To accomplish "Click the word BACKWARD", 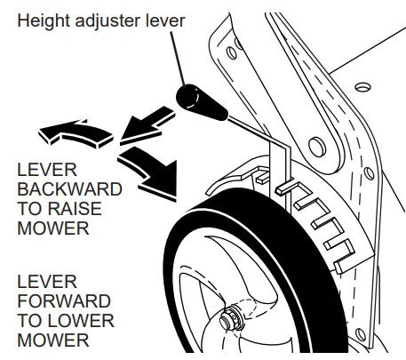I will (x=68, y=188).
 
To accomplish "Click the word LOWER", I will (x=82, y=320).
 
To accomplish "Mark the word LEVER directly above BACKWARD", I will (x=44, y=169).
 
